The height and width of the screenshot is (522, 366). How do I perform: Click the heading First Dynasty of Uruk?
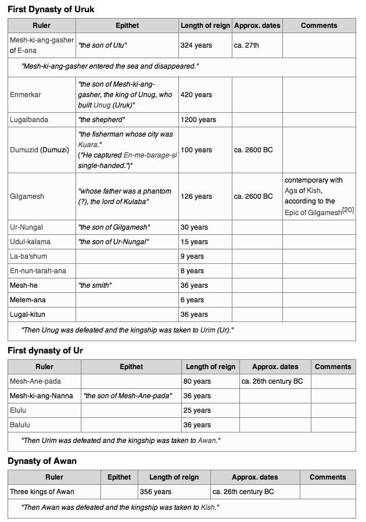click(51, 9)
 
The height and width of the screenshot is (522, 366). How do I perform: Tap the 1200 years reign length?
click(198, 120)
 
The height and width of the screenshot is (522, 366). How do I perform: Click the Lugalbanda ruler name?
click(29, 120)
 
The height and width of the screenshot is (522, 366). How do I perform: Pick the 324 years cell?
click(196, 45)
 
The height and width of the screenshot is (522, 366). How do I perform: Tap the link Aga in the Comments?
click(290, 191)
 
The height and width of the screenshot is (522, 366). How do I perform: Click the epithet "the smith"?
click(94, 285)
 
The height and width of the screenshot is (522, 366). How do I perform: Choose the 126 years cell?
click(196, 196)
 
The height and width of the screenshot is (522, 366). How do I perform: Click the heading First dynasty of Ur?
click(45, 351)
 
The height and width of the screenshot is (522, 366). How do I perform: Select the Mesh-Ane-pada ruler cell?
click(35, 381)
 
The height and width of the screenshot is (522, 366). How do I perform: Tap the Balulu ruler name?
click(20, 425)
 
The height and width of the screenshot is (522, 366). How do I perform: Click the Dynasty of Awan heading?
click(42, 461)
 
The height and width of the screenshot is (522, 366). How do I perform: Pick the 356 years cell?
click(156, 492)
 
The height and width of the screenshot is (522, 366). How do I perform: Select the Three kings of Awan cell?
click(42, 492)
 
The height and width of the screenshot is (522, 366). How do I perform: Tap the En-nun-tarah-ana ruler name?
click(38, 271)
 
